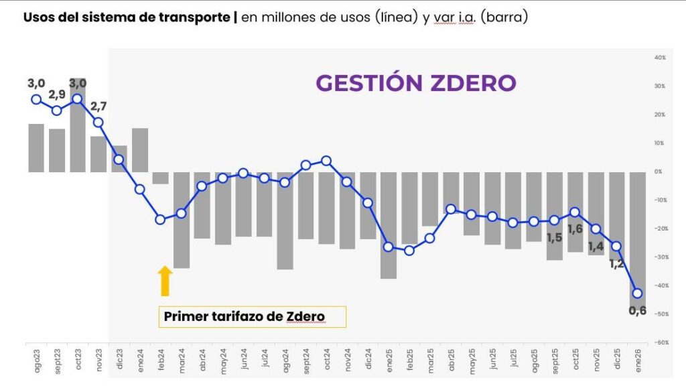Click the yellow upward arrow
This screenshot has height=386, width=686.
(165, 281)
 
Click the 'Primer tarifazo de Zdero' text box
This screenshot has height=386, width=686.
(252, 316)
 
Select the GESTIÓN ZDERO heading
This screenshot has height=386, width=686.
(415, 83)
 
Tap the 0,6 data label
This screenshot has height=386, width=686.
(637, 311)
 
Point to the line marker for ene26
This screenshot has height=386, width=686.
(637, 293)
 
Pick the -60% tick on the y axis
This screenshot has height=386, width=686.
(659, 342)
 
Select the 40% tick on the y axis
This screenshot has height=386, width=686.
(659, 58)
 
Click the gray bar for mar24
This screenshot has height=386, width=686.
(181, 219)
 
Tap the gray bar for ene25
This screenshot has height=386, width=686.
(388, 224)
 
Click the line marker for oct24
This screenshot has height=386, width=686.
(326, 160)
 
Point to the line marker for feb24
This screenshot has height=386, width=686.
(160, 219)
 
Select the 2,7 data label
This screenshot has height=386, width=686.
(99, 107)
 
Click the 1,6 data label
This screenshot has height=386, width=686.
(574, 229)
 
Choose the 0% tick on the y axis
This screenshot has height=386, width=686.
(659, 172)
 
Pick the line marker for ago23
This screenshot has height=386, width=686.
(36, 99)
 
